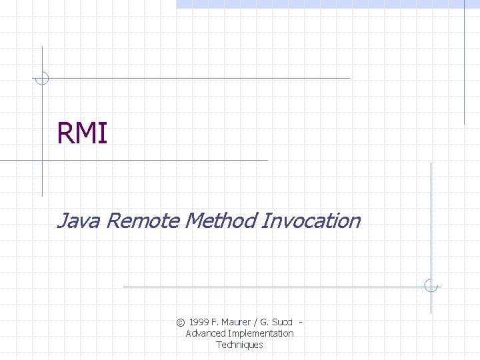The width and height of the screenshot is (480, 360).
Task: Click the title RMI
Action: (82, 133)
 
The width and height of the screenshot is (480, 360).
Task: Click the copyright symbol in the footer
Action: (181, 322)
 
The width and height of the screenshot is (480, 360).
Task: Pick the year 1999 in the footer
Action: (199, 322)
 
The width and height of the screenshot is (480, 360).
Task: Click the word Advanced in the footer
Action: (206, 333)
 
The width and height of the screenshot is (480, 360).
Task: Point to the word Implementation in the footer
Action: (261, 333)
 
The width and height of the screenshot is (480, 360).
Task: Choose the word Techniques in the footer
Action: (239, 345)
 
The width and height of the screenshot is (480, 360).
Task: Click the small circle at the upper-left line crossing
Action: (42, 78)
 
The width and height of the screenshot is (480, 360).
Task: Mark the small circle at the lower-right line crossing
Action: (431, 287)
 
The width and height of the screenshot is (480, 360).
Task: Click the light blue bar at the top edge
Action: (327, 4)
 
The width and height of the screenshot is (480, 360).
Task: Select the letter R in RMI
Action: (65, 133)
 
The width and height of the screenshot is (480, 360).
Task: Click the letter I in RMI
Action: (103, 133)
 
